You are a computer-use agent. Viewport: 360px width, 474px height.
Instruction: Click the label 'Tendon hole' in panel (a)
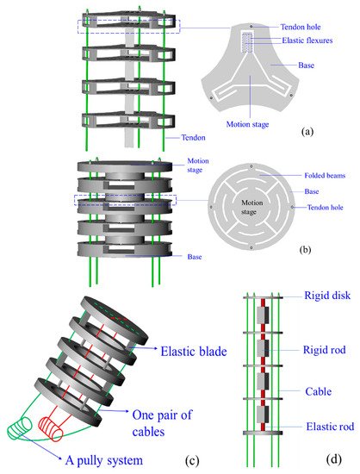301,27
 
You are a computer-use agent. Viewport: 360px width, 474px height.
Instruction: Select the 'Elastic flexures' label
307,41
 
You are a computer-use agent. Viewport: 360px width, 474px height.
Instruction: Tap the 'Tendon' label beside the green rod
193,138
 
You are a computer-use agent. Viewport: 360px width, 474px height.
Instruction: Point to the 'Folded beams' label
325,175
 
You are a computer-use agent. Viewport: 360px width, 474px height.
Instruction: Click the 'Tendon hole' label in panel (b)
326,208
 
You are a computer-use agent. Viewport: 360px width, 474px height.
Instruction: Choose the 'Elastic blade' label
194,352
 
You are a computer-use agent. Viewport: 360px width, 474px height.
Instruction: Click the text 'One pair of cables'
162,423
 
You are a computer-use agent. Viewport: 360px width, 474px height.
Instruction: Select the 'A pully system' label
104,460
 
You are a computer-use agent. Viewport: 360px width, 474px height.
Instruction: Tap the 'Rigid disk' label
327,296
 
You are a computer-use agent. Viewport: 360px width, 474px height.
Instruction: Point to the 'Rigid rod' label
325,350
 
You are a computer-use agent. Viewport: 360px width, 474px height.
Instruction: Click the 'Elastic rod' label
330,427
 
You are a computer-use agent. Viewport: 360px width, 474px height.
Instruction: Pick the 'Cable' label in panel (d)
319,391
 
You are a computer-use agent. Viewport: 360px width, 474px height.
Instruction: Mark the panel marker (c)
192,460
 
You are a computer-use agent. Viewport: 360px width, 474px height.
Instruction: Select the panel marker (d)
334,459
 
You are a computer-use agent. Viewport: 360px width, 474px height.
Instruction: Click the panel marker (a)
307,132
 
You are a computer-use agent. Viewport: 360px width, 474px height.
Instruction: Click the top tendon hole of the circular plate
251,166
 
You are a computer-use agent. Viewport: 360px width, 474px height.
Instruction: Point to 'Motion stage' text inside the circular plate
251,207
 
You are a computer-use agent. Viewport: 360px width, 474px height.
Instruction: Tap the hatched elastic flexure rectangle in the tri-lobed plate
247,42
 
